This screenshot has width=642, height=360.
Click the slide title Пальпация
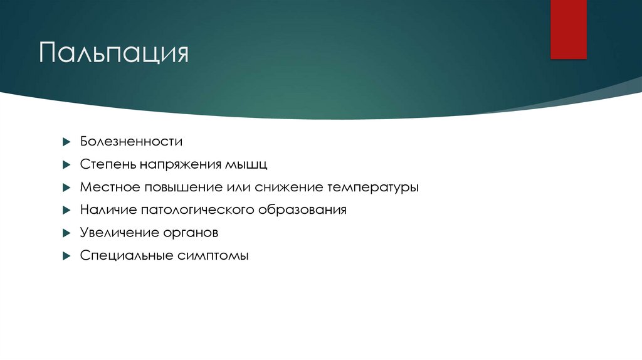point(114,53)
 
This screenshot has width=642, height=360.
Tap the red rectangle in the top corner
point(568,29)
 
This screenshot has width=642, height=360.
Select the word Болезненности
point(131,142)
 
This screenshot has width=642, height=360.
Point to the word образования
point(303,210)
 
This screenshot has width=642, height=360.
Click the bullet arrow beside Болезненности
point(66,142)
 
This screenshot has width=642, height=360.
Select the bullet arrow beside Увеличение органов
point(66,233)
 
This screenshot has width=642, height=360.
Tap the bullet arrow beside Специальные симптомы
point(66,256)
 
